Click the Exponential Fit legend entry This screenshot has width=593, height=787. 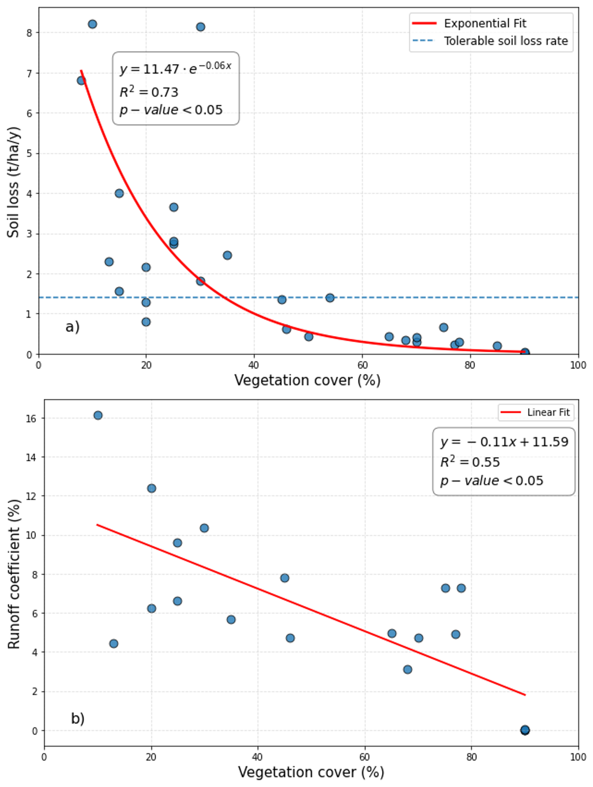(485, 24)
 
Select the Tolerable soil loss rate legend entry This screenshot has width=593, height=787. (505, 41)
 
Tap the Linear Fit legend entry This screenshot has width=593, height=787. (548, 412)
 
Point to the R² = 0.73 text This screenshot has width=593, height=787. (149, 92)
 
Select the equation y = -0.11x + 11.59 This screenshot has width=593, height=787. (504, 442)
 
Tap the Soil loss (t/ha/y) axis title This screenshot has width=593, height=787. (13, 182)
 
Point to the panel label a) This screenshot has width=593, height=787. (72, 326)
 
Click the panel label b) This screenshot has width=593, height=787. (77, 718)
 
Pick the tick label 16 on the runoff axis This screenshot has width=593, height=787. (31, 418)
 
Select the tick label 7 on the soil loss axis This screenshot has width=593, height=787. (29, 73)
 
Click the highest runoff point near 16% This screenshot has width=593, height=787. (98, 415)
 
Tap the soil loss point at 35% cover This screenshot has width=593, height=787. (227, 255)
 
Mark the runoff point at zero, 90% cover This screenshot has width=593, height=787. (525, 731)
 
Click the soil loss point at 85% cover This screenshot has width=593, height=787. (497, 346)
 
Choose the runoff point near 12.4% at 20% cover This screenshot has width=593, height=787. (151, 488)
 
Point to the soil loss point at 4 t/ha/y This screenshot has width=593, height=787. (119, 193)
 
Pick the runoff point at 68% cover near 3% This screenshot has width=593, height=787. (408, 669)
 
